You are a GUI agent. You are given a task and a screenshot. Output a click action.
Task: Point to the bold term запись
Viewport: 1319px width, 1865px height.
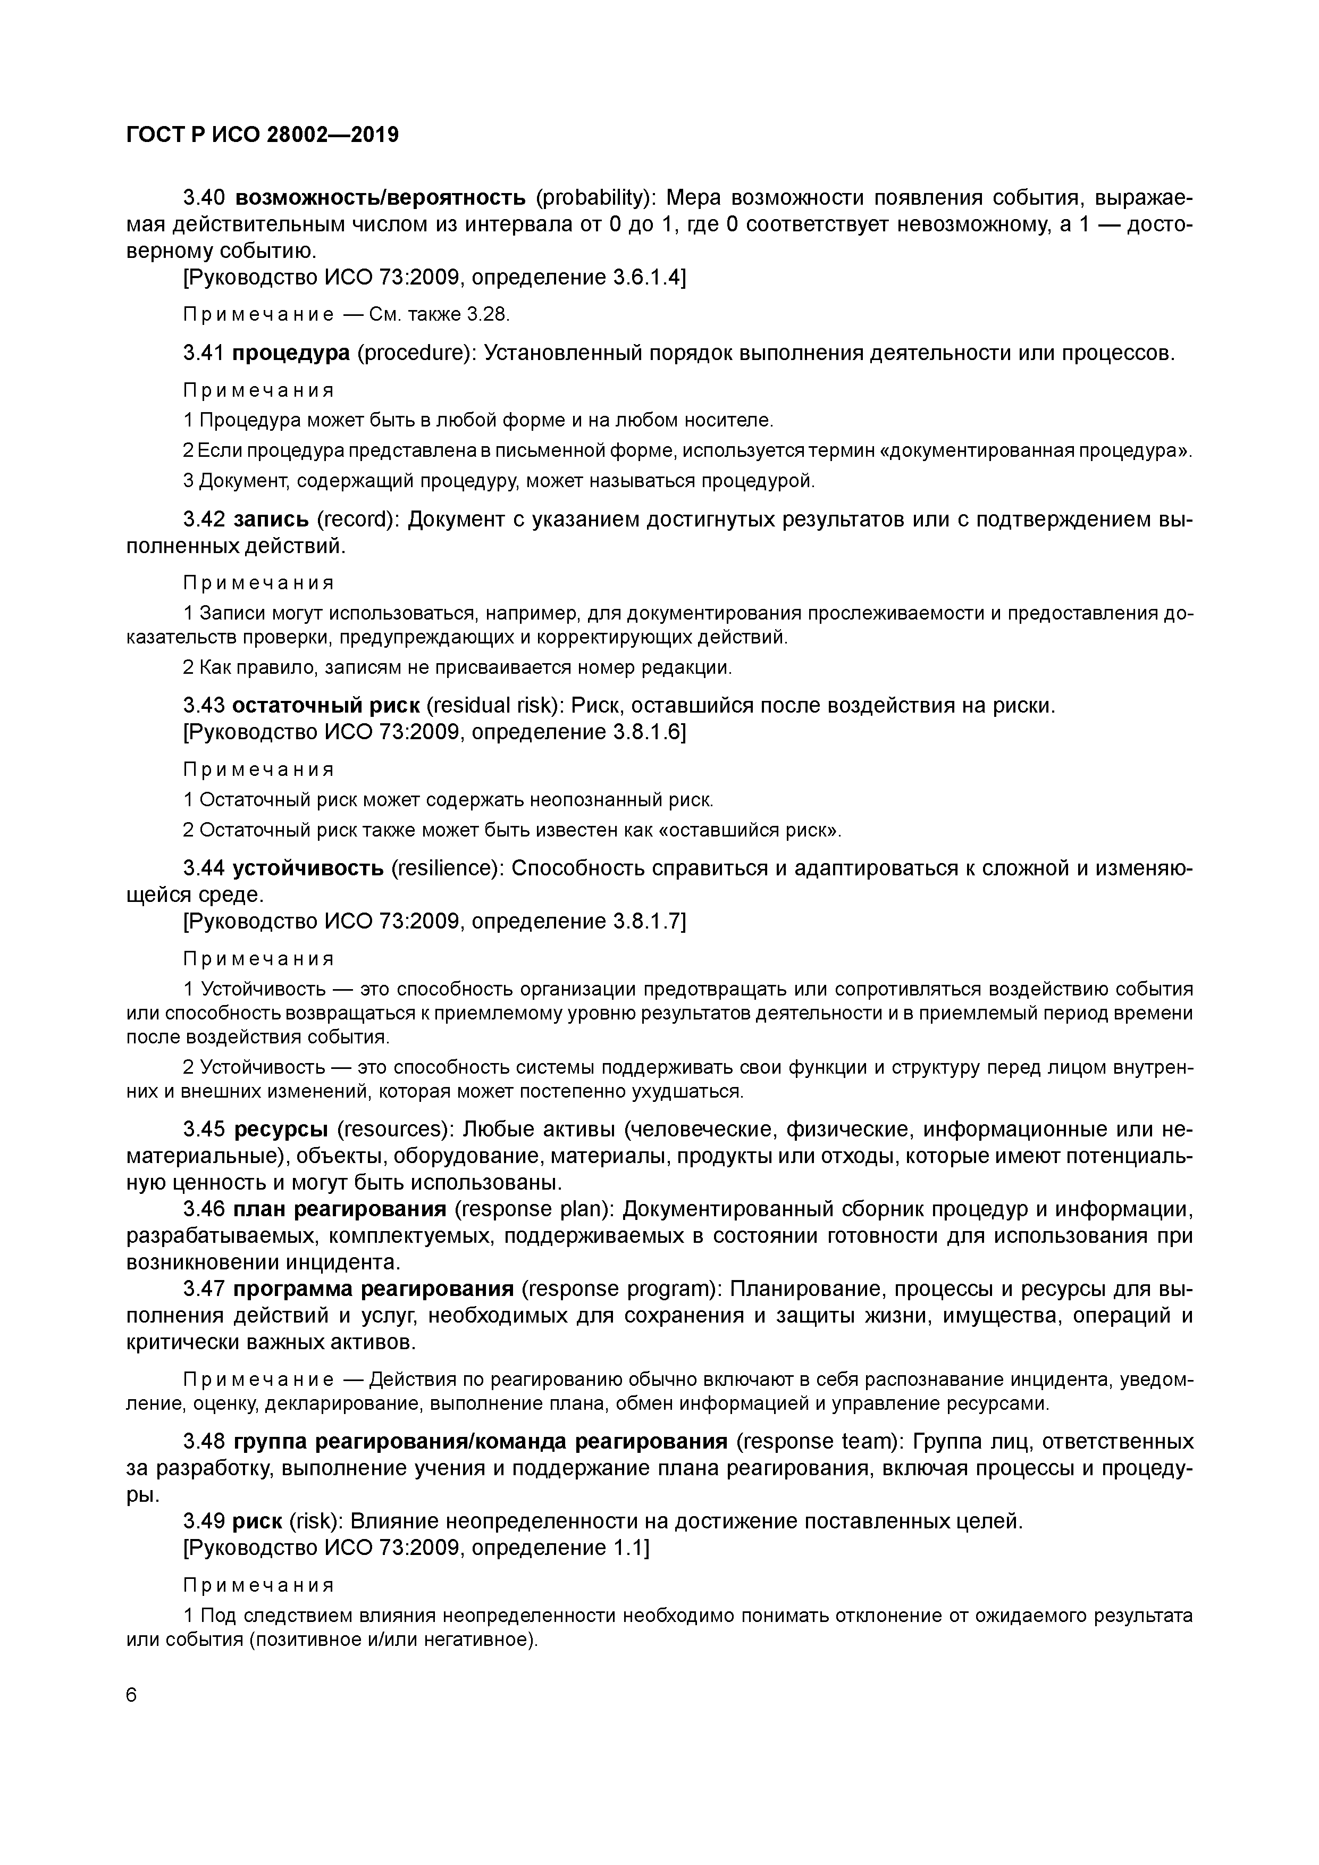point(271,519)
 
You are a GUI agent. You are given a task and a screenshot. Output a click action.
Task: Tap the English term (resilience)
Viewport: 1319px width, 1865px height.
point(446,868)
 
